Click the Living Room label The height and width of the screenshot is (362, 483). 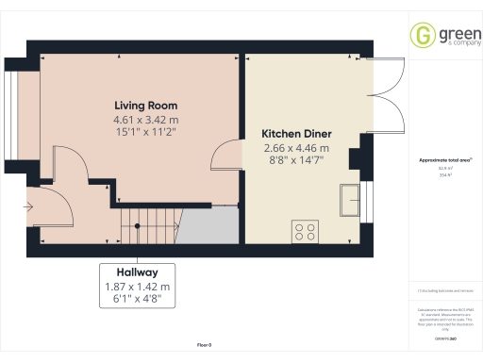tap(146, 106)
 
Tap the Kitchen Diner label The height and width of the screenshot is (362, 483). tap(295, 134)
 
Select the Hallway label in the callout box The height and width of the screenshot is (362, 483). tap(137, 271)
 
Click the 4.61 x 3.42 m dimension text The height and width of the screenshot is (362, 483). tap(146, 121)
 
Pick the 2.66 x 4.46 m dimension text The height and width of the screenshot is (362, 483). tap(295, 149)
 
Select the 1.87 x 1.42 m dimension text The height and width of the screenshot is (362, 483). tap(137, 286)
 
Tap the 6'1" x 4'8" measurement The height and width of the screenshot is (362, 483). tap(137, 299)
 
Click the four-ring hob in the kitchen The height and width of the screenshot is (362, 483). tap(305, 230)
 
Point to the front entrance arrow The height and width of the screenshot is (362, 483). tap(29, 206)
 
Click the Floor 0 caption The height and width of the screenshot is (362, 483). tap(205, 346)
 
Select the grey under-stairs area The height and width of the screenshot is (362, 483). tap(208, 225)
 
